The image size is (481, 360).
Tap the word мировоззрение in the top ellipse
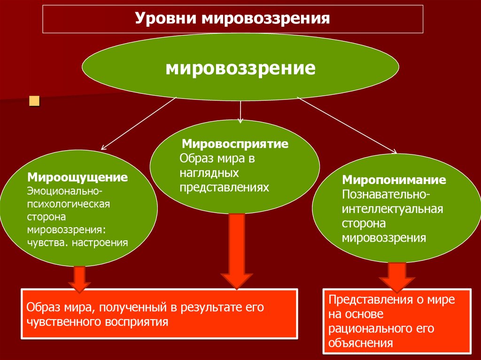(240, 68)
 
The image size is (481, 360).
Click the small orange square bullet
(34, 101)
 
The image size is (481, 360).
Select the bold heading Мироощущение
(78, 178)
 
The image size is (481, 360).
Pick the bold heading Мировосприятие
(235, 144)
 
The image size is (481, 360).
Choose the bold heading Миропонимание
(394, 180)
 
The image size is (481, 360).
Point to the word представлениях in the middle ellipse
(225, 187)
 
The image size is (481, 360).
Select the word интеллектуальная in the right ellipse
(392, 208)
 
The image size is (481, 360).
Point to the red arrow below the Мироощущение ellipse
(79, 280)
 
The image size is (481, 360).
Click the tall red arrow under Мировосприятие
(237, 251)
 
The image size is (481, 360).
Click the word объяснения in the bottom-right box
(361, 343)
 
